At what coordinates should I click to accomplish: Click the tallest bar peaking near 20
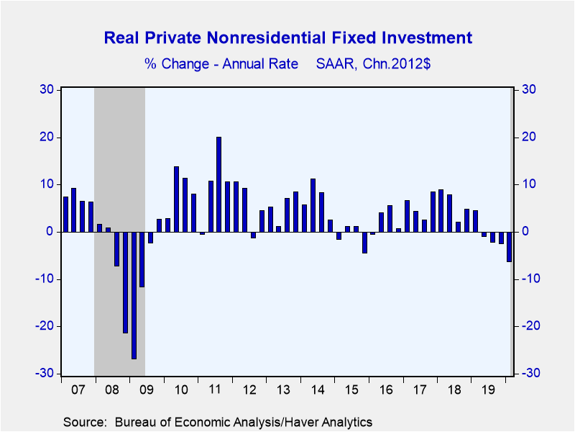click(218, 184)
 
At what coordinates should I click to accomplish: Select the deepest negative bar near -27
click(134, 295)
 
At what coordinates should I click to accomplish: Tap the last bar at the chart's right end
click(509, 247)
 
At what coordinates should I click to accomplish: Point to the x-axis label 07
click(78, 390)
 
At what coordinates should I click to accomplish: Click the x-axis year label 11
click(214, 390)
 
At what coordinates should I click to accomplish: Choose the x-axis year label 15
click(351, 390)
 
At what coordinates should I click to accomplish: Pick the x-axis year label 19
click(488, 390)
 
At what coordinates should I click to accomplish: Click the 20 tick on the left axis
click(46, 137)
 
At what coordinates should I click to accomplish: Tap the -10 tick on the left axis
click(45, 279)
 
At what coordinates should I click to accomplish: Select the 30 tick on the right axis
click(528, 89)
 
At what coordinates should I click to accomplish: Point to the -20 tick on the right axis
click(530, 326)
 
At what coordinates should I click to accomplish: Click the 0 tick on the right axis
click(525, 231)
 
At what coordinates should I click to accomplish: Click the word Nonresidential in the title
click(266, 38)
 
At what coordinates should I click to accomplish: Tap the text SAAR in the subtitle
click(336, 64)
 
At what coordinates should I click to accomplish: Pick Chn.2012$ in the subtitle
click(397, 64)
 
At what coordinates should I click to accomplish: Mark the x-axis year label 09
click(147, 390)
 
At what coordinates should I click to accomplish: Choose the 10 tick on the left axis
click(46, 184)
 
